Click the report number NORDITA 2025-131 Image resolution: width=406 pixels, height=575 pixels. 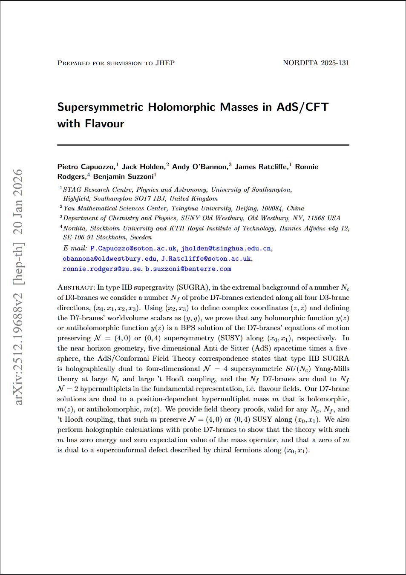316,63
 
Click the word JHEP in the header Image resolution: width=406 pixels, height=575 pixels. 165,63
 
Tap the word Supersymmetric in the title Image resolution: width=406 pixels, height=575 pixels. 100,107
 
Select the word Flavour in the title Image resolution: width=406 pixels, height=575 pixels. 104,124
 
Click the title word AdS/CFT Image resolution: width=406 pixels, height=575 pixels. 302,107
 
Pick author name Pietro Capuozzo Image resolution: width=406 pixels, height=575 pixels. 86,167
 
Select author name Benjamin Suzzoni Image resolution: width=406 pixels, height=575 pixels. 123,177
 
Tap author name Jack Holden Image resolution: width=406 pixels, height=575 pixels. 143,167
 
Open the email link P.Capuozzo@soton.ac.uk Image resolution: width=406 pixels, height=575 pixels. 133,248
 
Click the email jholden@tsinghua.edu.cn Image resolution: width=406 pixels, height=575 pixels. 226,248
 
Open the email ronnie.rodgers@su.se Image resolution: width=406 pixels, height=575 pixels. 102,269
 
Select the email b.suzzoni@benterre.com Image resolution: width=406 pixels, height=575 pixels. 188,269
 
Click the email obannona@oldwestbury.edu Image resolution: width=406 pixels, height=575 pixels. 109,259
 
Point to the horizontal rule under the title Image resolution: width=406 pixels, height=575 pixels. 203,145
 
